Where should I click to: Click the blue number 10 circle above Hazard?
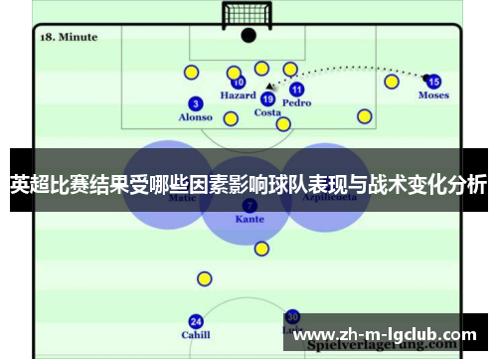pyautogui.click(x=239, y=83)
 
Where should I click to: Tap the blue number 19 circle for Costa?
pyautogui.click(x=267, y=98)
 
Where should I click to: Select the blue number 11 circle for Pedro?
pyautogui.click(x=296, y=90)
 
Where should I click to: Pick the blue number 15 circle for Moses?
pyautogui.click(x=433, y=82)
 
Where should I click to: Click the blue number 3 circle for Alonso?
pyautogui.click(x=195, y=103)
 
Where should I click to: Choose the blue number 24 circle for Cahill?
pyautogui.click(x=196, y=321)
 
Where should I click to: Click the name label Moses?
pyautogui.click(x=433, y=95)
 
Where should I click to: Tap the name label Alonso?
pyautogui.click(x=195, y=117)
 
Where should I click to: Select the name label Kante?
pyautogui.click(x=249, y=219)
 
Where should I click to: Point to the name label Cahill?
pyautogui.click(x=196, y=335)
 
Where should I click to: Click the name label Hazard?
pyautogui.click(x=238, y=96)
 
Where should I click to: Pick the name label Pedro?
pyautogui.click(x=296, y=103)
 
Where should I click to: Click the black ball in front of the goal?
pyautogui.click(x=248, y=36)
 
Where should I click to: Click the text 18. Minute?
pyautogui.click(x=69, y=37)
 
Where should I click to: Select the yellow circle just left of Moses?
pyautogui.click(x=392, y=82)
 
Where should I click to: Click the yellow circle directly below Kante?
pyautogui.click(x=260, y=249)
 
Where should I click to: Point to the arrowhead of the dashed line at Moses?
pyautogui.click(x=422, y=76)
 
